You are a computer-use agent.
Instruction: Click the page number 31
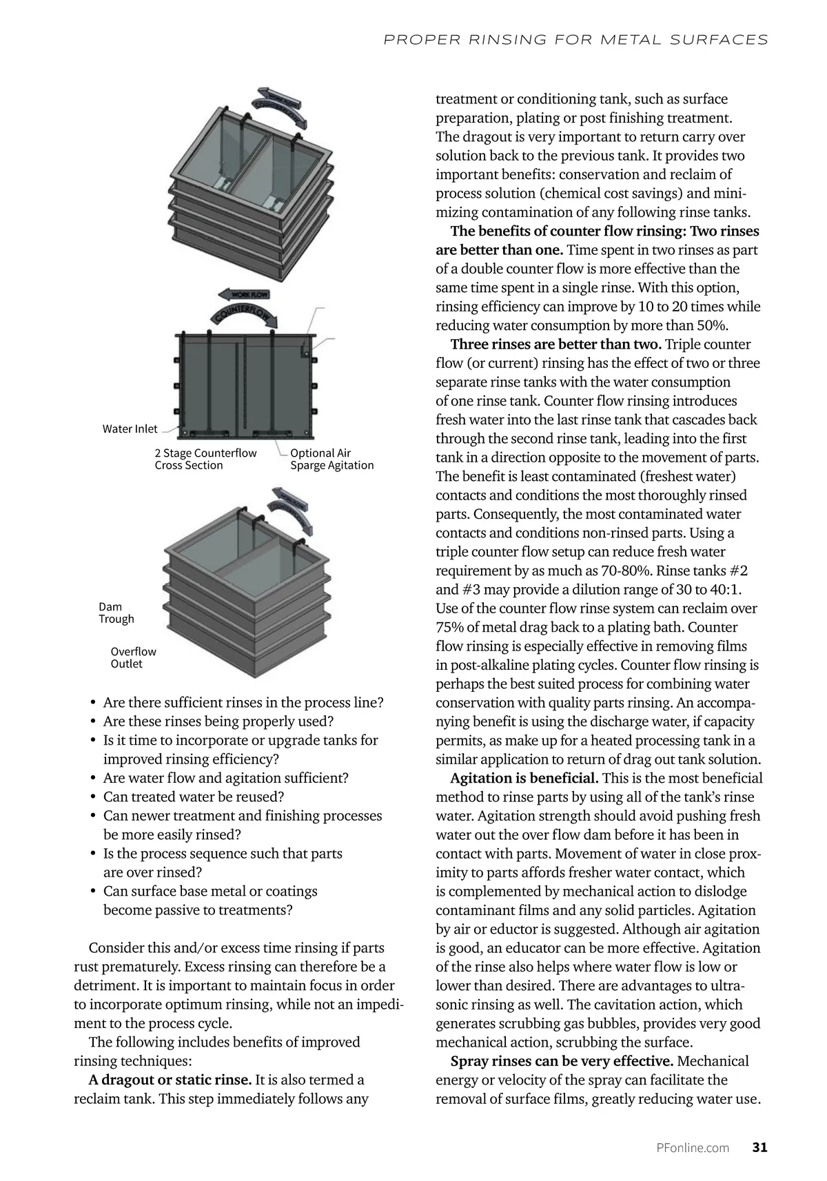click(759, 1147)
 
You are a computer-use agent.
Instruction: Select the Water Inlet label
click(130, 429)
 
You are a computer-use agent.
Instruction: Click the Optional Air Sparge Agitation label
click(331, 459)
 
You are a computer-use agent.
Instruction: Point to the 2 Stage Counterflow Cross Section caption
click(205, 459)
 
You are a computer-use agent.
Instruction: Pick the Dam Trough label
click(116, 613)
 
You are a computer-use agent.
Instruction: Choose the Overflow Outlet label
click(133, 657)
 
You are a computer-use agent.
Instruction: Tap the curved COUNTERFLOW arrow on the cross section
click(245, 314)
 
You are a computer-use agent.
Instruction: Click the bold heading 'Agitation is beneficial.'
click(524, 778)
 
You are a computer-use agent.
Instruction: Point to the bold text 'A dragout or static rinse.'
click(170, 1080)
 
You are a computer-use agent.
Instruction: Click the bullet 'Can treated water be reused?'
click(194, 797)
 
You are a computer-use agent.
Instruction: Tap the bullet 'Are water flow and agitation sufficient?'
click(225, 778)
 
